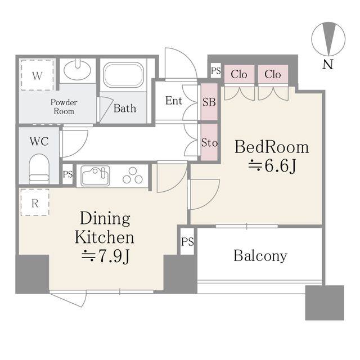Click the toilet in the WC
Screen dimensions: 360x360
(x=39, y=169)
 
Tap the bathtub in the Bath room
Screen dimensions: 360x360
(x=123, y=75)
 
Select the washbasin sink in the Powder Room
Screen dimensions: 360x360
(x=77, y=70)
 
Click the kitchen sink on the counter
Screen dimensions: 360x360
(x=95, y=176)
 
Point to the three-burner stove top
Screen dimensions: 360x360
(x=133, y=175)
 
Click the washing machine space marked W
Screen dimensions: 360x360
(x=37, y=75)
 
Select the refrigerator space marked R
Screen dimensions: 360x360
(x=35, y=202)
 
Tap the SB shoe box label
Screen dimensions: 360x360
(x=209, y=102)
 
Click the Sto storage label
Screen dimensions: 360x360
(x=209, y=142)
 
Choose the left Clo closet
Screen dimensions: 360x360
(x=239, y=74)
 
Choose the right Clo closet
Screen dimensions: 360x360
(x=273, y=74)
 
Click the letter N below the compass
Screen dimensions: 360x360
(x=328, y=65)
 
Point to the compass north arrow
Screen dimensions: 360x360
(x=328, y=39)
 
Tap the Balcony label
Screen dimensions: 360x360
(x=260, y=256)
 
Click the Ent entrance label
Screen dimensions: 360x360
(x=174, y=101)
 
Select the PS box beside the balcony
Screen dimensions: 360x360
(x=187, y=241)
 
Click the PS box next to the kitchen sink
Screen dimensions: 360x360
(x=67, y=174)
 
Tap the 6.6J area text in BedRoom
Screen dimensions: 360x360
(x=272, y=166)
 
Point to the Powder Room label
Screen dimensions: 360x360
(x=64, y=107)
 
